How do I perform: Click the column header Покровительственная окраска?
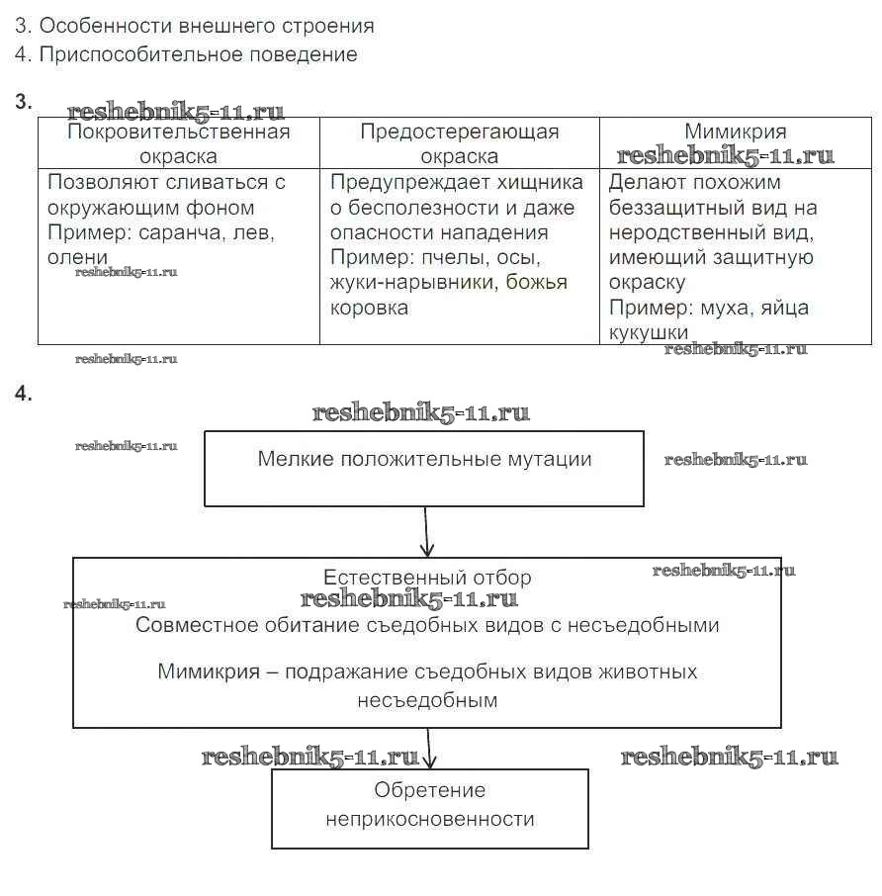click(179, 144)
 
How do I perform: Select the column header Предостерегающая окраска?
click(459, 144)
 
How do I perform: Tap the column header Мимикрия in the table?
click(735, 133)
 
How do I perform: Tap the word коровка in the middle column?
click(369, 308)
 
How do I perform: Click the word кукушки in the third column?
click(648, 332)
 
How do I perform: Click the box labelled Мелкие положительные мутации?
click(424, 468)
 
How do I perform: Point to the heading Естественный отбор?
click(427, 578)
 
